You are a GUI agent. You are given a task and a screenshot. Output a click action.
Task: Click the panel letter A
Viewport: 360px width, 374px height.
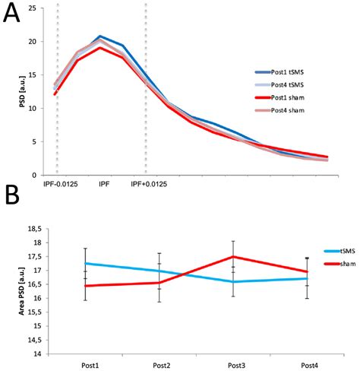pos(11,14)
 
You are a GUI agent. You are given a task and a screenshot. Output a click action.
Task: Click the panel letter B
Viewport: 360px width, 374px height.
pos(12,195)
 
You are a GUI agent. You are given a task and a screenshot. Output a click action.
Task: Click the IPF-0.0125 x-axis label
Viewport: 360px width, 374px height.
pos(61,184)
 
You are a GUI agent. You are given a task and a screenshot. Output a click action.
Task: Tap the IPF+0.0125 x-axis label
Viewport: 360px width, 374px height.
pos(149,184)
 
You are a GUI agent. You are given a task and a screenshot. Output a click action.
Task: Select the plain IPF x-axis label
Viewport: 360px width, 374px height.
pos(104,184)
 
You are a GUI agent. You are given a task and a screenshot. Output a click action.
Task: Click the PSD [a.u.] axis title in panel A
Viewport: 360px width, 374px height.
pos(23,91)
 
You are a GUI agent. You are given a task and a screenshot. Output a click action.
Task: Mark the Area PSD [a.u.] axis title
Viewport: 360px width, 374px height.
pos(22,291)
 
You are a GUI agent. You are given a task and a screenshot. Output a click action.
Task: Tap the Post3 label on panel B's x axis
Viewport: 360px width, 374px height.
pos(236,366)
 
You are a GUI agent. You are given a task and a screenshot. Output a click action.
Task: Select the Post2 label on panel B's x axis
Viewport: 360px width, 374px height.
pos(162,366)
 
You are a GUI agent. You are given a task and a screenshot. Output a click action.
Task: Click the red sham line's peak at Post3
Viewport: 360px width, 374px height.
pos(233,257)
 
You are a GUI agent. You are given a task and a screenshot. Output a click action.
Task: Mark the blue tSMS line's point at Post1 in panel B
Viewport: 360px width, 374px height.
pos(86,264)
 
